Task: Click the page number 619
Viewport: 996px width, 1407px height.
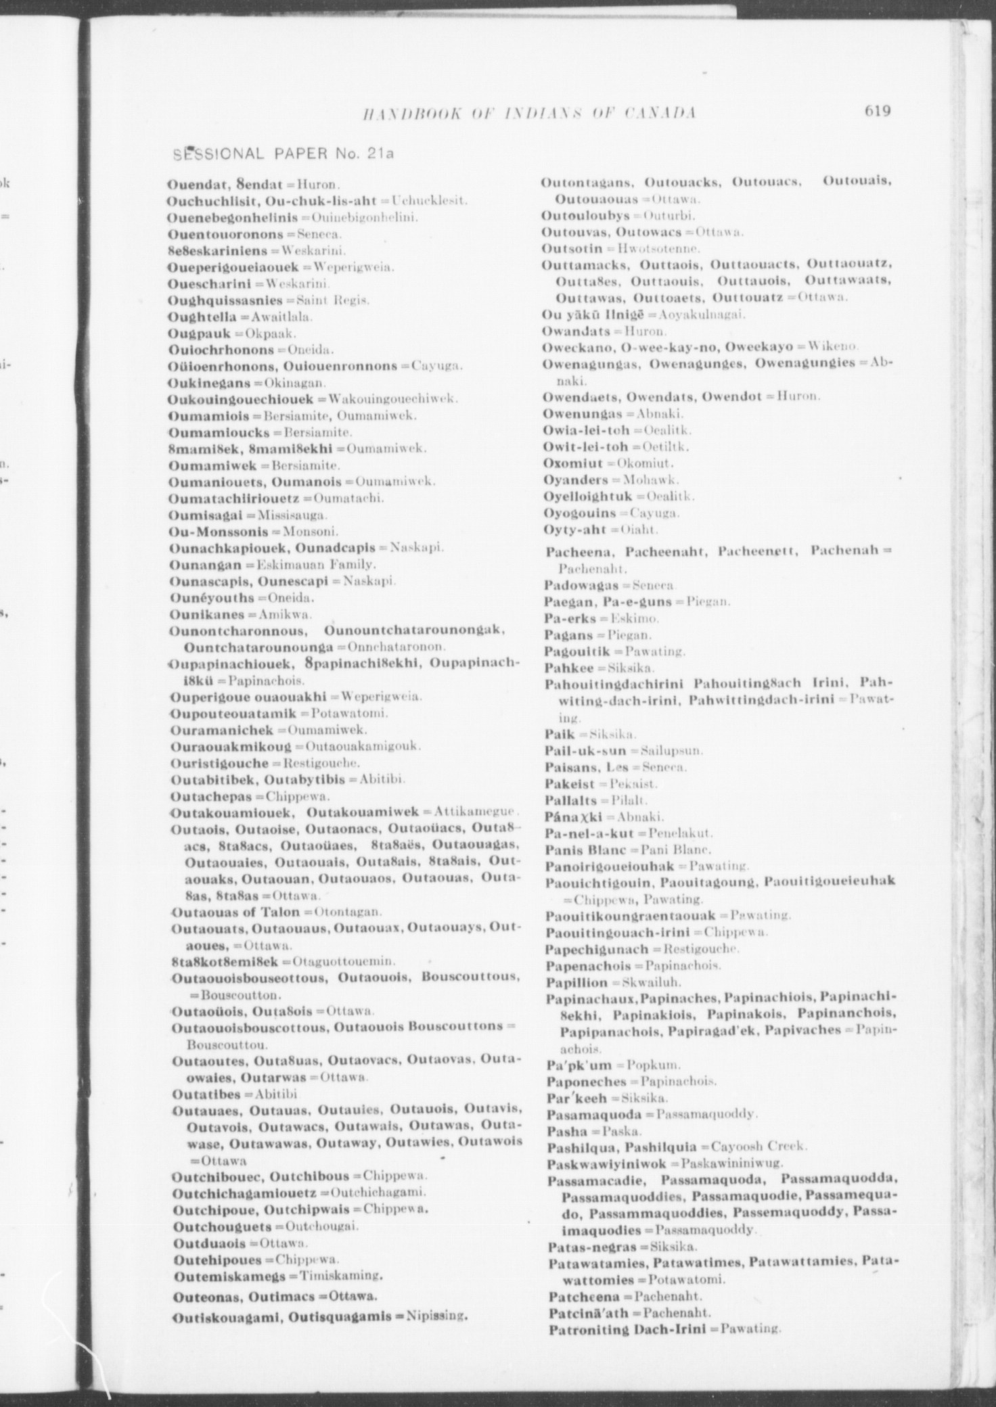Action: click(877, 111)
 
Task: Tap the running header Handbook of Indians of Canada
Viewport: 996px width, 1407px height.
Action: click(530, 112)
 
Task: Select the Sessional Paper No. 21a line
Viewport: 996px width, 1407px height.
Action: click(284, 154)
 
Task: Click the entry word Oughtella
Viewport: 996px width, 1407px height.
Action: click(202, 317)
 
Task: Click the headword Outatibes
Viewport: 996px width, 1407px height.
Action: click(205, 1094)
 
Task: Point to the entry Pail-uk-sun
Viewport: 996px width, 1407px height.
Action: click(585, 751)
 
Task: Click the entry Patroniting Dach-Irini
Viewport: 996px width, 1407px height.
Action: click(627, 1330)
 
